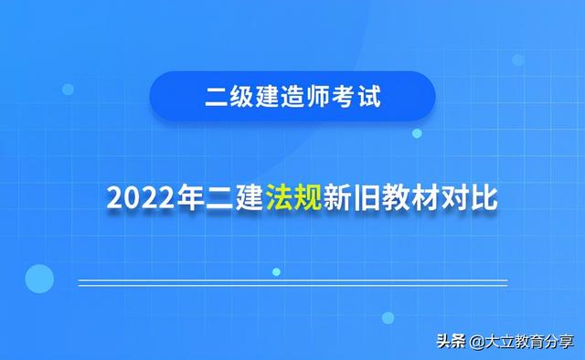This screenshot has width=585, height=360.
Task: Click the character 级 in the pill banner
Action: point(242,96)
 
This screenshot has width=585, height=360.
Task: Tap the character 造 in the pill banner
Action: point(293,96)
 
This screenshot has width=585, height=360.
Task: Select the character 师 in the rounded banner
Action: point(319,96)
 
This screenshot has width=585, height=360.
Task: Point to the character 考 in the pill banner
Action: point(344,96)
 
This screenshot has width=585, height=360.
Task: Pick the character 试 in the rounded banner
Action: point(369,96)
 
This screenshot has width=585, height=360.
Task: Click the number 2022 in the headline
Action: point(141,197)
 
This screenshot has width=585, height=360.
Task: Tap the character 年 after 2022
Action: point(190,197)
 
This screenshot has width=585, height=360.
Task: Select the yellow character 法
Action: point(279,197)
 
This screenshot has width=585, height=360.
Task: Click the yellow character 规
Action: point(308,197)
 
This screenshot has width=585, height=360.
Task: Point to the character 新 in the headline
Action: point(337,197)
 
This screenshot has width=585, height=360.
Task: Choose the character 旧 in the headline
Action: point(367,197)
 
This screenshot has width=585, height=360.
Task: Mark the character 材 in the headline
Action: point(425,197)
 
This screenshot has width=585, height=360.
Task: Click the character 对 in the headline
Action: point(454,197)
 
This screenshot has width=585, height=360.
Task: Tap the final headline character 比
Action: point(484,197)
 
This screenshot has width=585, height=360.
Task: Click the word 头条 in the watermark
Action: point(452,341)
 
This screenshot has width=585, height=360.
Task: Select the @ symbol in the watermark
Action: point(476,342)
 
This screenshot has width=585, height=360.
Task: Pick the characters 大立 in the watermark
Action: point(500,342)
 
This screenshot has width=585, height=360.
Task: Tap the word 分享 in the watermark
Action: point(558,342)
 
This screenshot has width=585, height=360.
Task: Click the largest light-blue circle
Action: point(39,279)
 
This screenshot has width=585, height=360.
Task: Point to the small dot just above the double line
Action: point(276,272)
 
